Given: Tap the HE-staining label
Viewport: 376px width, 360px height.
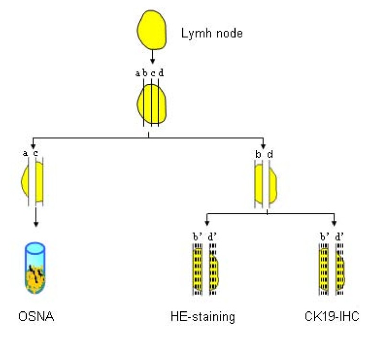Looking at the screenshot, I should pos(203,317).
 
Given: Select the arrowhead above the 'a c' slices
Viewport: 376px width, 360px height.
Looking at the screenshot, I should pos(33,145).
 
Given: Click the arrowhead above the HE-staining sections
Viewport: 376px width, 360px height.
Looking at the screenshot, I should pos(206,222).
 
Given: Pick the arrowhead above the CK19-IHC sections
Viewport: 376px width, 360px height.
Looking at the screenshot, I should pos(334,222).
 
